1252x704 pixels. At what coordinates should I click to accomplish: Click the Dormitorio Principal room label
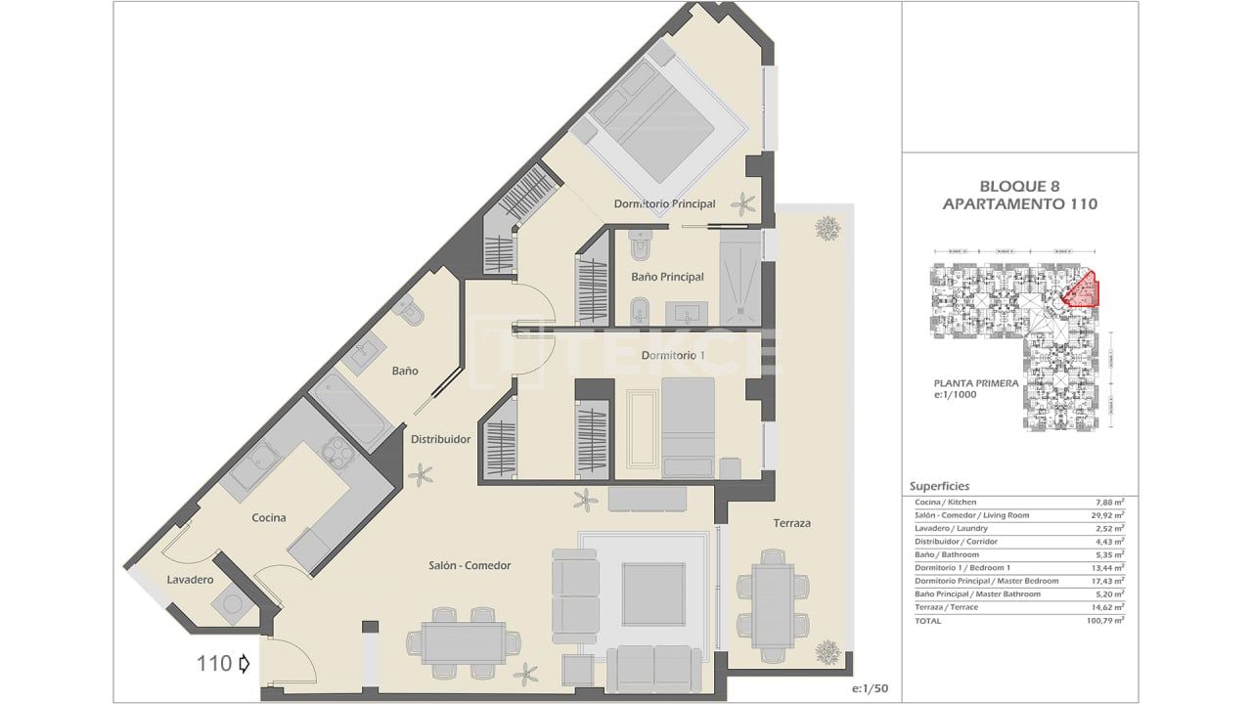664,203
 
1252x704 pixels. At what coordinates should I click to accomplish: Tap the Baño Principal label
667,277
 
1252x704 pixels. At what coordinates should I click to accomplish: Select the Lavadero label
190,580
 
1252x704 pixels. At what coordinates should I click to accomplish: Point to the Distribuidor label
440,439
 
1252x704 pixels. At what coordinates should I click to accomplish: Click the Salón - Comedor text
469,565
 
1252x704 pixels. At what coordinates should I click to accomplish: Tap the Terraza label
791,523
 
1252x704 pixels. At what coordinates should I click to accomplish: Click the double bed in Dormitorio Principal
659,122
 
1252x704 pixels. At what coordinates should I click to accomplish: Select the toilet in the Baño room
409,311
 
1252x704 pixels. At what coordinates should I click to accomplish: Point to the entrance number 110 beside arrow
214,664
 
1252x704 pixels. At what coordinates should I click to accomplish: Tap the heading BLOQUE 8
1019,186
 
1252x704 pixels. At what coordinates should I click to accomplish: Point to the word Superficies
939,485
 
